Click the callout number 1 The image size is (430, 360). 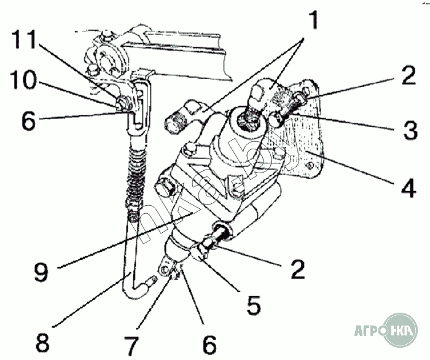[x=314, y=20]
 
